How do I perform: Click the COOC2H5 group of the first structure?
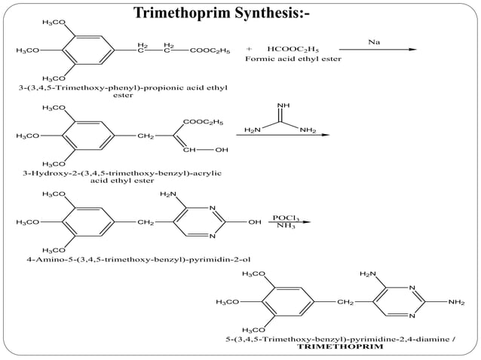tap(210, 50)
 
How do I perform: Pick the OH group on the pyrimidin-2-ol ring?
tap(254, 222)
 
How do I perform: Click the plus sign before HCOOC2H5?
tap(249, 50)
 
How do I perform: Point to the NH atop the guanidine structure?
tap(282, 106)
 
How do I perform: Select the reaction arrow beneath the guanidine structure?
tap(283, 136)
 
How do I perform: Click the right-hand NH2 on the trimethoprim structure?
tap(456, 302)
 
